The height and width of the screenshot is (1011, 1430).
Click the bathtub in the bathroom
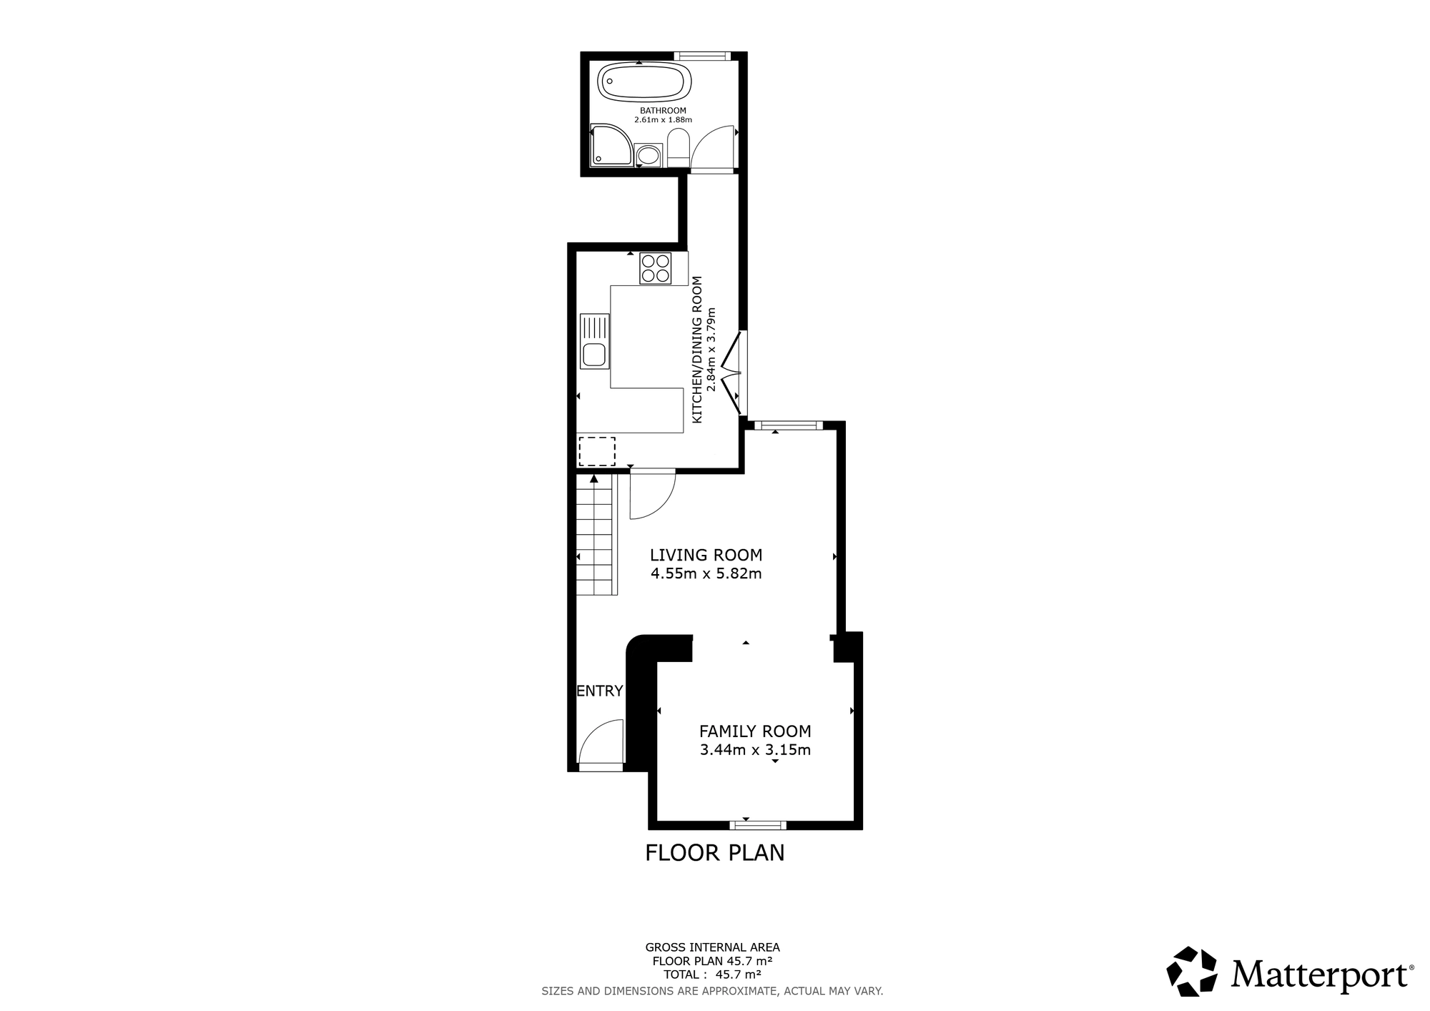coord(644,82)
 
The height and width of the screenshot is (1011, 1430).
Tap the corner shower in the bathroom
coord(610,145)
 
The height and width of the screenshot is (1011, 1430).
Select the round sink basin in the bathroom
coord(649,155)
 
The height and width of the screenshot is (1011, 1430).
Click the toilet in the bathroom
coord(677,147)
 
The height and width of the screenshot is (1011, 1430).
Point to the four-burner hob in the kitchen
coord(656,268)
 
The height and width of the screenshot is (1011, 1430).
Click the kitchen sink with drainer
coord(593,341)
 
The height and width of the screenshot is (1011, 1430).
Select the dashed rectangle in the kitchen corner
coord(596,451)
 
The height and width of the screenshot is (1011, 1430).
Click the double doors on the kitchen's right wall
coord(734,373)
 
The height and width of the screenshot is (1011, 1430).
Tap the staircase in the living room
coord(596,535)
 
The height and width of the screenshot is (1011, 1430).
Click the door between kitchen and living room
coord(651,495)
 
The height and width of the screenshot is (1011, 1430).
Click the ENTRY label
coord(599,691)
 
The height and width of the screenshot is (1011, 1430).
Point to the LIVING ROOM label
coord(706,555)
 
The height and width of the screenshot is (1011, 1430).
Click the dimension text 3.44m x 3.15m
coord(755,750)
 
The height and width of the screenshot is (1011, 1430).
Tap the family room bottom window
coord(757,825)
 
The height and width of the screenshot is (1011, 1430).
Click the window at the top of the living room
coord(789,426)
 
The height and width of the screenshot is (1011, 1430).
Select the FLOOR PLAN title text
coord(714,853)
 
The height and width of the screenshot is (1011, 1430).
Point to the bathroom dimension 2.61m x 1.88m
coord(663,120)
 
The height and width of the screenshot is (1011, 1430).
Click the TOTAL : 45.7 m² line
coord(711,974)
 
